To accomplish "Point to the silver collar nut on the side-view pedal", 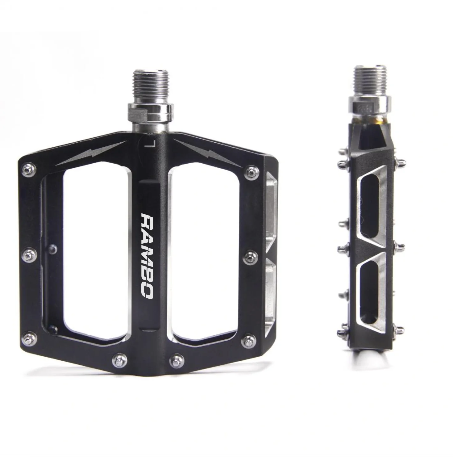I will coord(370,105).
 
